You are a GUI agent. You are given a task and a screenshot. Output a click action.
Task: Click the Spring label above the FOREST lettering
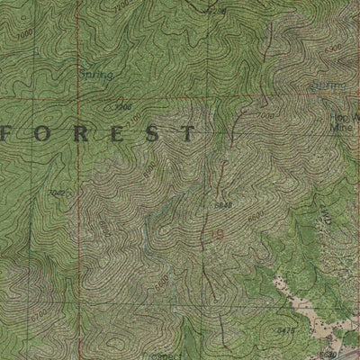[x=94, y=76]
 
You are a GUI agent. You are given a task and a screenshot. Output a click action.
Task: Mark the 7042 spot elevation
[x=59, y=192]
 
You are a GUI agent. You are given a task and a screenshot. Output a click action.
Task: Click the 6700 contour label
[x=103, y=229]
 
